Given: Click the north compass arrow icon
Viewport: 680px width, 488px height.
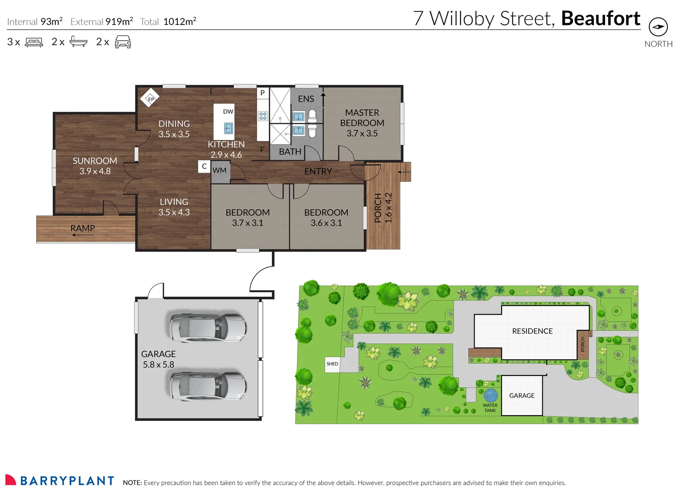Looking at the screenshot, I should [658, 27].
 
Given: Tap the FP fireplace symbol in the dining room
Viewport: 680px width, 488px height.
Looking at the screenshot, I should [150, 99].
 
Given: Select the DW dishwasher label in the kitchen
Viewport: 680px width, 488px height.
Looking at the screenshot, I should [228, 112].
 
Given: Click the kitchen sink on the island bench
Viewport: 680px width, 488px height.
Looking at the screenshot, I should [228, 128].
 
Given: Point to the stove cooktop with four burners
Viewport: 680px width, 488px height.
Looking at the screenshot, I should [263, 116].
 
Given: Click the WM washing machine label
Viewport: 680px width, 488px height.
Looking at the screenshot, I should [219, 170].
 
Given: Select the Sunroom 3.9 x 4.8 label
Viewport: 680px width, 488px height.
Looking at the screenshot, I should [95, 166].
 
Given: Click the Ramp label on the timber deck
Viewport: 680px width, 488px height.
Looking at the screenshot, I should [83, 228].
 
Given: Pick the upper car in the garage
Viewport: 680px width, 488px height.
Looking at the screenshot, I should [208, 327].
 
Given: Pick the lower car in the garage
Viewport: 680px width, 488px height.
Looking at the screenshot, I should [208, 386].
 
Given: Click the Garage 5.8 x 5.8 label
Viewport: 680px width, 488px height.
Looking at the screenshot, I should [158, 359].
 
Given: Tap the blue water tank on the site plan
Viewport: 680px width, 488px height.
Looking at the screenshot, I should [490, 395].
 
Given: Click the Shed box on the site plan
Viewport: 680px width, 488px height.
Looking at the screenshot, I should [332, 364].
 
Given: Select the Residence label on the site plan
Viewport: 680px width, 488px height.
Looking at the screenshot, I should [532, 331].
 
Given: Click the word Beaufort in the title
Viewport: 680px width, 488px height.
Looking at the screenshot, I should [601, 19].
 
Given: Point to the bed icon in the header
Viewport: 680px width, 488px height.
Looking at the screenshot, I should [34, 42].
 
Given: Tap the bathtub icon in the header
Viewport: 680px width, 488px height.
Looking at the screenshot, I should [78, 42].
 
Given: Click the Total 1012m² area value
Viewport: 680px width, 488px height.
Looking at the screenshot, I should [179, 22].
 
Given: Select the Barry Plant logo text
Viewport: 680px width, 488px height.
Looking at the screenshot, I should [67, 481].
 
